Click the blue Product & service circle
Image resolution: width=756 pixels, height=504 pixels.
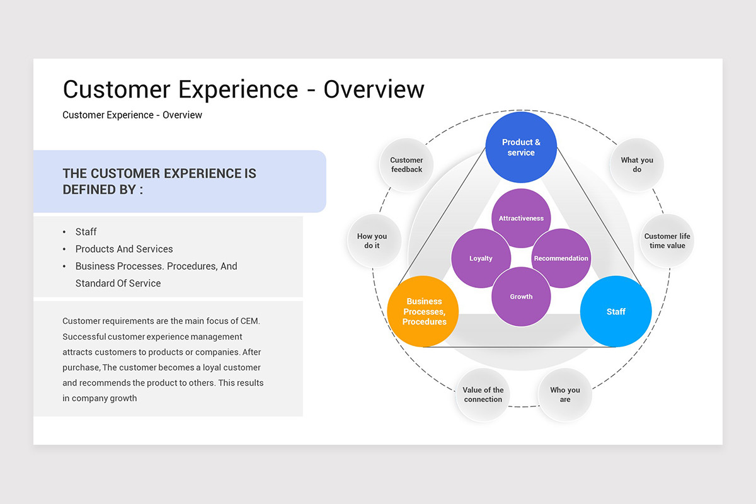[521, 147]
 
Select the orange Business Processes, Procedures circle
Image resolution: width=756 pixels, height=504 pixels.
[423, 311]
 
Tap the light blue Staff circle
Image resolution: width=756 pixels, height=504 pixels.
[616, 311]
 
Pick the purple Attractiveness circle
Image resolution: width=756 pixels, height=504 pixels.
[521, 218]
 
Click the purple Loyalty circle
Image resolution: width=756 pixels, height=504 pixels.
[481, 258]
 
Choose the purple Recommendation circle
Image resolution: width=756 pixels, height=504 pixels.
[561, 258]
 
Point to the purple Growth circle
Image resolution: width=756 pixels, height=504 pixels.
[521, 296]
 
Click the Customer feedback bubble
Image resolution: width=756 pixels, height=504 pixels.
[406, 165]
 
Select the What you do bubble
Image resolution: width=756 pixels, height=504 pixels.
[637, 165]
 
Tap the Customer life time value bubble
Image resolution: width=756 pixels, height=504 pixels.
[667, 241]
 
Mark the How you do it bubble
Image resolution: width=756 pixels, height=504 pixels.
[372, 241]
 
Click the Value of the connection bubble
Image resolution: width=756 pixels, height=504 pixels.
[483, 394]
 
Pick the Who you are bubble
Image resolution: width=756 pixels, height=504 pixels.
[565, 394]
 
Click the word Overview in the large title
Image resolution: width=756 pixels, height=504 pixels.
[374, 89]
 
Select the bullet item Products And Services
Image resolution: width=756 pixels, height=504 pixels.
[124, 249]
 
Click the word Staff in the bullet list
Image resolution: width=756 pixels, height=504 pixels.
[86, 232]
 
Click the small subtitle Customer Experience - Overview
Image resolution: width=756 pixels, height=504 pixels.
[132, 115]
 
